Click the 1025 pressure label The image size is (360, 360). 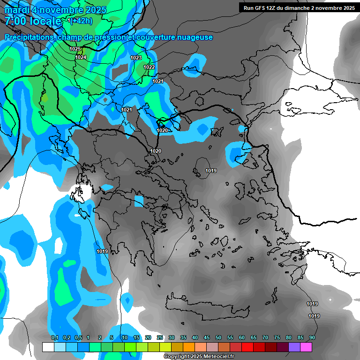75,49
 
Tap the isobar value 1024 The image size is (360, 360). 81,57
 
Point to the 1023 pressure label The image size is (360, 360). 136,58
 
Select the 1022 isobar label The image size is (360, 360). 149,67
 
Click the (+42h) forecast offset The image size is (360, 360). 80,21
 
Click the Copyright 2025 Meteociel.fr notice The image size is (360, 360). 199,357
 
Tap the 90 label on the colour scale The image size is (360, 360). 312,337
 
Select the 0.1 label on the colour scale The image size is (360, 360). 54,337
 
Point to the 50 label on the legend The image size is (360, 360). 218,337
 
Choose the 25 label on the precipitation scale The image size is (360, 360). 160,337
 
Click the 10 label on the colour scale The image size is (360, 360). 125,337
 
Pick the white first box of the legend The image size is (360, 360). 48,347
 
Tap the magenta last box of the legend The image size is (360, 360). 306,347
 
